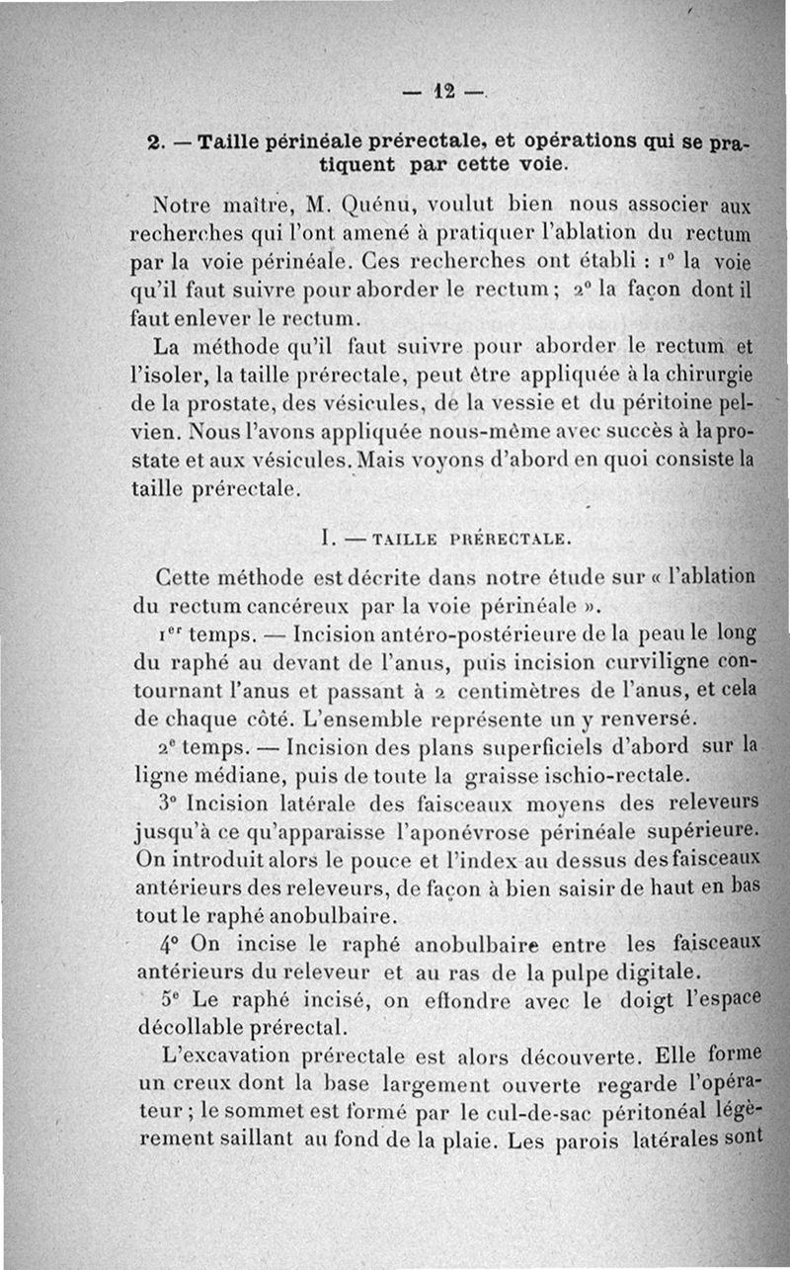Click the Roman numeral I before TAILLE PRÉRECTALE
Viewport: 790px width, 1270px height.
pyautogui.click(x=326, y=539)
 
